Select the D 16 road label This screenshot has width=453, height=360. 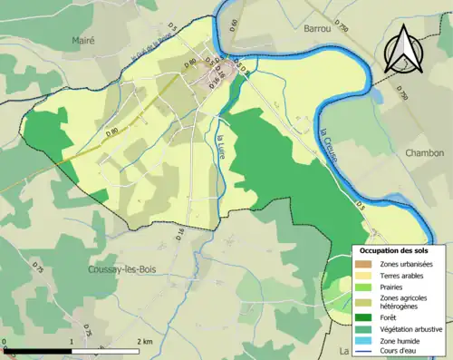[180, 236]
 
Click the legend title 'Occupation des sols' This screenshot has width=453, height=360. [394, 249]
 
